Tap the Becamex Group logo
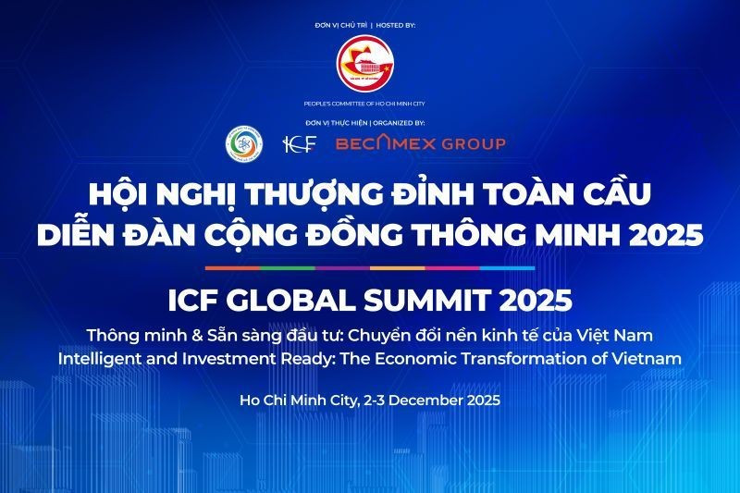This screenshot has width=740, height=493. click(420, 143)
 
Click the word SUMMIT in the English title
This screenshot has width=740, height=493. click(451, 302)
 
